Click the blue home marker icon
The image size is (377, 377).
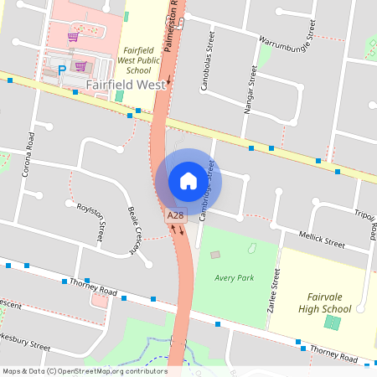[188, 181]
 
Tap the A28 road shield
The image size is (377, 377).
[175, 216]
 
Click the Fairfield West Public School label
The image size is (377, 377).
[138, 60]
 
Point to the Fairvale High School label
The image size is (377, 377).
[324, 303]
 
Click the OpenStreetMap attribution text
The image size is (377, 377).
[85, 370]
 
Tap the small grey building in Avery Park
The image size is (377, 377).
[215, 255]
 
